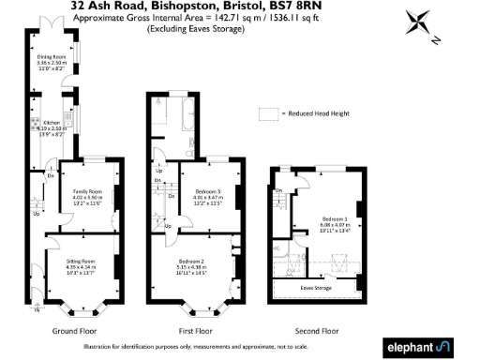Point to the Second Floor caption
316,331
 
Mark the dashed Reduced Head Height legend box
269,112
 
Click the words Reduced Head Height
318,112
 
